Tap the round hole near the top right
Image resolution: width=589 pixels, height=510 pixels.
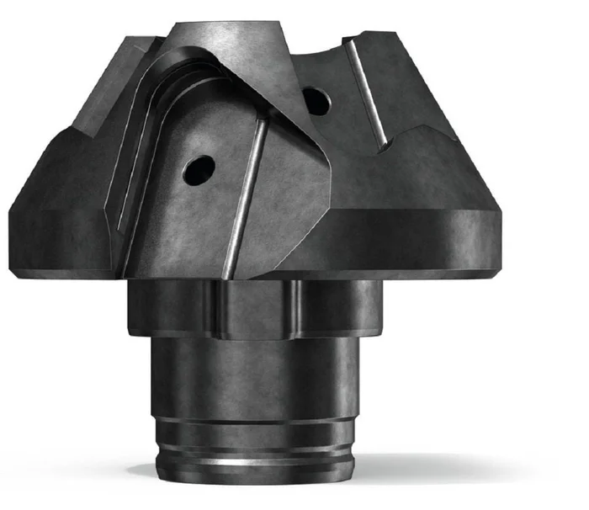(316, 101)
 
